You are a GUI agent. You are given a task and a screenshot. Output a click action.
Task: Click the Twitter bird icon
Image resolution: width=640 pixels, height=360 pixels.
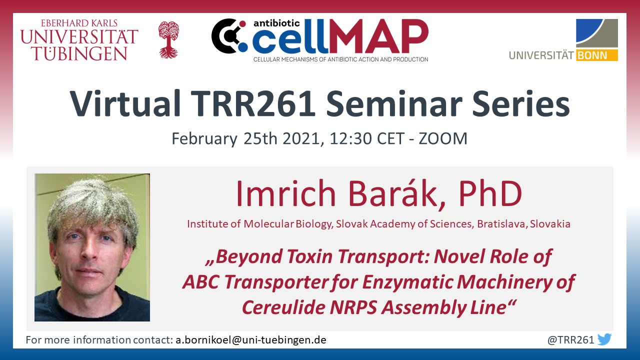604,339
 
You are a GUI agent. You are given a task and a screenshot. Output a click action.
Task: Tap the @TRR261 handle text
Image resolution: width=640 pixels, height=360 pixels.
570,340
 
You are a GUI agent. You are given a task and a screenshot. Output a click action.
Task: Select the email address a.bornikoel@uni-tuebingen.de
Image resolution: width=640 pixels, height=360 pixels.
251,340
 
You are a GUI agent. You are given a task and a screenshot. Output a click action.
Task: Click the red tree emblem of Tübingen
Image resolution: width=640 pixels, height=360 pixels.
169,39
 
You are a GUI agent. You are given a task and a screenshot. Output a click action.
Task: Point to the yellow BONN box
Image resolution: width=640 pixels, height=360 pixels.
597,55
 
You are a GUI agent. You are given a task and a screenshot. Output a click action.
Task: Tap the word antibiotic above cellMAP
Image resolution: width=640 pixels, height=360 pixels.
276,23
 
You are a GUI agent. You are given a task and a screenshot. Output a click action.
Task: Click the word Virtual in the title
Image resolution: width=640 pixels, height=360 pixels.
125,103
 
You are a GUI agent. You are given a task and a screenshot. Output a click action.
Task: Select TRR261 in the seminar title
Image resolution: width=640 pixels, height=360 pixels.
253,103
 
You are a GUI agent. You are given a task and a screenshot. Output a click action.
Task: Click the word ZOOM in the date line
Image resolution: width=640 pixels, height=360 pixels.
443,138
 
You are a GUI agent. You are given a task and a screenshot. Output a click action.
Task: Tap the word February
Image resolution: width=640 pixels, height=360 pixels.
204,139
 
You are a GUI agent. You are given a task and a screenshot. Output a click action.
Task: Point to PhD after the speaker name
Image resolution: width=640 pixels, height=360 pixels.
490,193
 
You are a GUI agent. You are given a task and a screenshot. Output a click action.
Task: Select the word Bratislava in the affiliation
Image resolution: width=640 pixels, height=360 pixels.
502,223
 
